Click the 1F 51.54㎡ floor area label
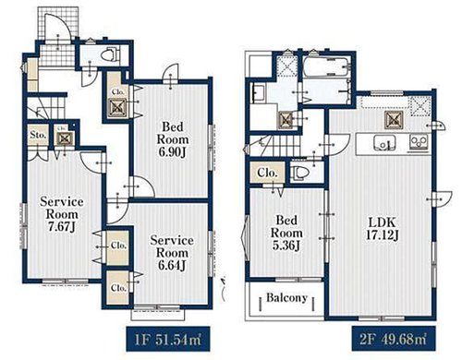point(168,339)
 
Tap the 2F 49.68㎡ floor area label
point(394,339)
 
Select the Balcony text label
point(286,297)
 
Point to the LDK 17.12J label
point(383,229)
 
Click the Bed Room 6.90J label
point(173,139)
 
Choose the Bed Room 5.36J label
point(286,233)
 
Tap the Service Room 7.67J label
point(62,214)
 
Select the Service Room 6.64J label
point(172,253)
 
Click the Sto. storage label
point(38,135)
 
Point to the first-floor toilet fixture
point(110,54)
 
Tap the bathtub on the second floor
point(326,66)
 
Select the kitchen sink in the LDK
point(384,143)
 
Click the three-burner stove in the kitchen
point(419,142)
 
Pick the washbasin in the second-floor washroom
point(258,93)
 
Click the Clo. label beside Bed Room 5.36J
point(267,173)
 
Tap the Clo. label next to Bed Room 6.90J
point(118,91)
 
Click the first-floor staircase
point(46,108)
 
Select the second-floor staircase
point(274,146)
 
